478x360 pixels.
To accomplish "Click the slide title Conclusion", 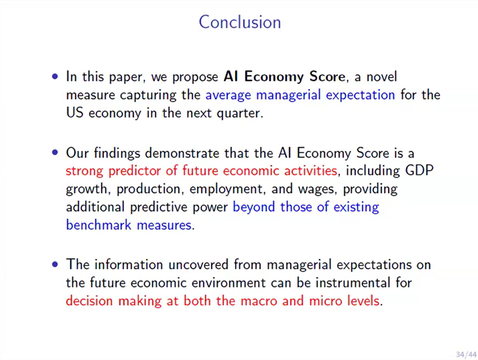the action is point(240,22).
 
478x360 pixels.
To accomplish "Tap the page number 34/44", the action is point(466,355).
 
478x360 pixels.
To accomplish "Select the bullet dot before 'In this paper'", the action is point(55,76).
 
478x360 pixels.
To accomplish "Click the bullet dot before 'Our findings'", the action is point(55,152).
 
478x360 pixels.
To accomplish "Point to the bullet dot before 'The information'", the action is point(55,264).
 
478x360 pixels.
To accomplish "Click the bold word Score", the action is point(327,76).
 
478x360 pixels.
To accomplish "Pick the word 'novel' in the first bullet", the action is point(381,76).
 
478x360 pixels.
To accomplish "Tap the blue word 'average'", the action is point(228,95).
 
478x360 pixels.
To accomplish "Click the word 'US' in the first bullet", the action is point(75,113).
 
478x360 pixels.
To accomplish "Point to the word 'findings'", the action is point(117,153).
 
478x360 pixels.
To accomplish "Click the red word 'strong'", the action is point(85,171).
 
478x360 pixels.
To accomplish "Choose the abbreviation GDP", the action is point(419,171).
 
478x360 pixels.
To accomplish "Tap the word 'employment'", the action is point(226,189).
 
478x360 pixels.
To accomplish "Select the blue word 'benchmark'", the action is point(98,225).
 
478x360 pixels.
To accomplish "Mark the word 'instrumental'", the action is point(353,283).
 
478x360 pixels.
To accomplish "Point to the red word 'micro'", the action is point(325,301).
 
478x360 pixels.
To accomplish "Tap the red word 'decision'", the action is point(89,301).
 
